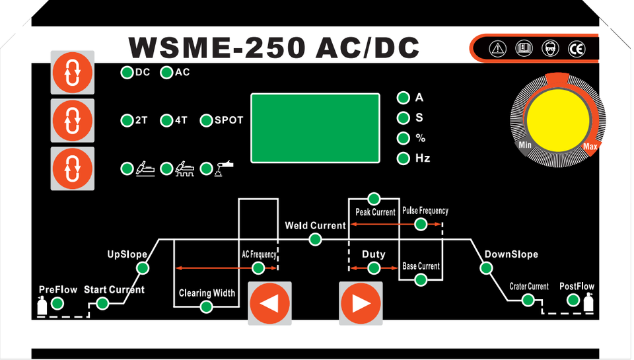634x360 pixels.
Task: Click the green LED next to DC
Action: pyautogui.click(x=127, y=72)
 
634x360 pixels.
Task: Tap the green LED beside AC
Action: pyautogui.click(x=166, y=72)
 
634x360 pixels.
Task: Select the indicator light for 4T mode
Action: pyautogui.click(x=166, y=120)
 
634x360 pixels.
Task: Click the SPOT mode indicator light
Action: pyautogui.click(x=206, y=120)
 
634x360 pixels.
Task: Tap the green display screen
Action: pyautogui.click(x=315, y=127)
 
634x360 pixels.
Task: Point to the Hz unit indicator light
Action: pyautogui.click(x=403, y=159)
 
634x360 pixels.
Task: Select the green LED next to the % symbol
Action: pyautogui.click(x=403, y=138)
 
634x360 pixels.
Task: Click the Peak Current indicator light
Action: pyautogui.click(x=374, y=198)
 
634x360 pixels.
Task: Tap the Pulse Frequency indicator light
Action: pyautogui.click(x=420, y=225)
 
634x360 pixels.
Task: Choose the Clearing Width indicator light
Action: pyautogui.click(x=206, y=306)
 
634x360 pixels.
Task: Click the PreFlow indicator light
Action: pyautogui.click(x=57, y=303)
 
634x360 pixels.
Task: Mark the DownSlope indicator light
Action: pyautogui.click(x=487, y=268)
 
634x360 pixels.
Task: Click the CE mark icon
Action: pyautogui.click(x=577, y=48)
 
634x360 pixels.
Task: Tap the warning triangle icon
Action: pyautogui.click(x=497, y=48)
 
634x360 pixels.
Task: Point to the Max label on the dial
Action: pyautogui.click(x=590, y=147)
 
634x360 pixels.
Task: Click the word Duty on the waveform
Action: pyautogui.click(x=374, y=254)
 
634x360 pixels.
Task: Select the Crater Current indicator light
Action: pyautogui.click(x=528, y=300)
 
